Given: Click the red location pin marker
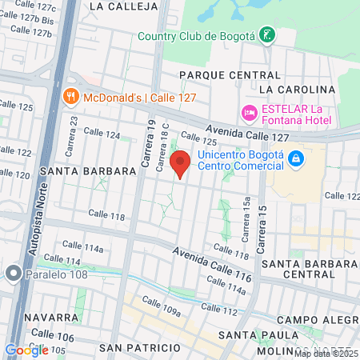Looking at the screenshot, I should point(181,163).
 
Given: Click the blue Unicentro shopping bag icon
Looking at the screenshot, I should point(296,158).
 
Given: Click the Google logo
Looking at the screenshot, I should point(26,350).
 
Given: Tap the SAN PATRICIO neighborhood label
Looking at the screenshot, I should point(140,348).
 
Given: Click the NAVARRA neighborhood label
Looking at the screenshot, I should point(27,318).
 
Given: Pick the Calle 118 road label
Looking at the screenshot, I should point(107,216).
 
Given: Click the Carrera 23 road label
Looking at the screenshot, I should point(74,130).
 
